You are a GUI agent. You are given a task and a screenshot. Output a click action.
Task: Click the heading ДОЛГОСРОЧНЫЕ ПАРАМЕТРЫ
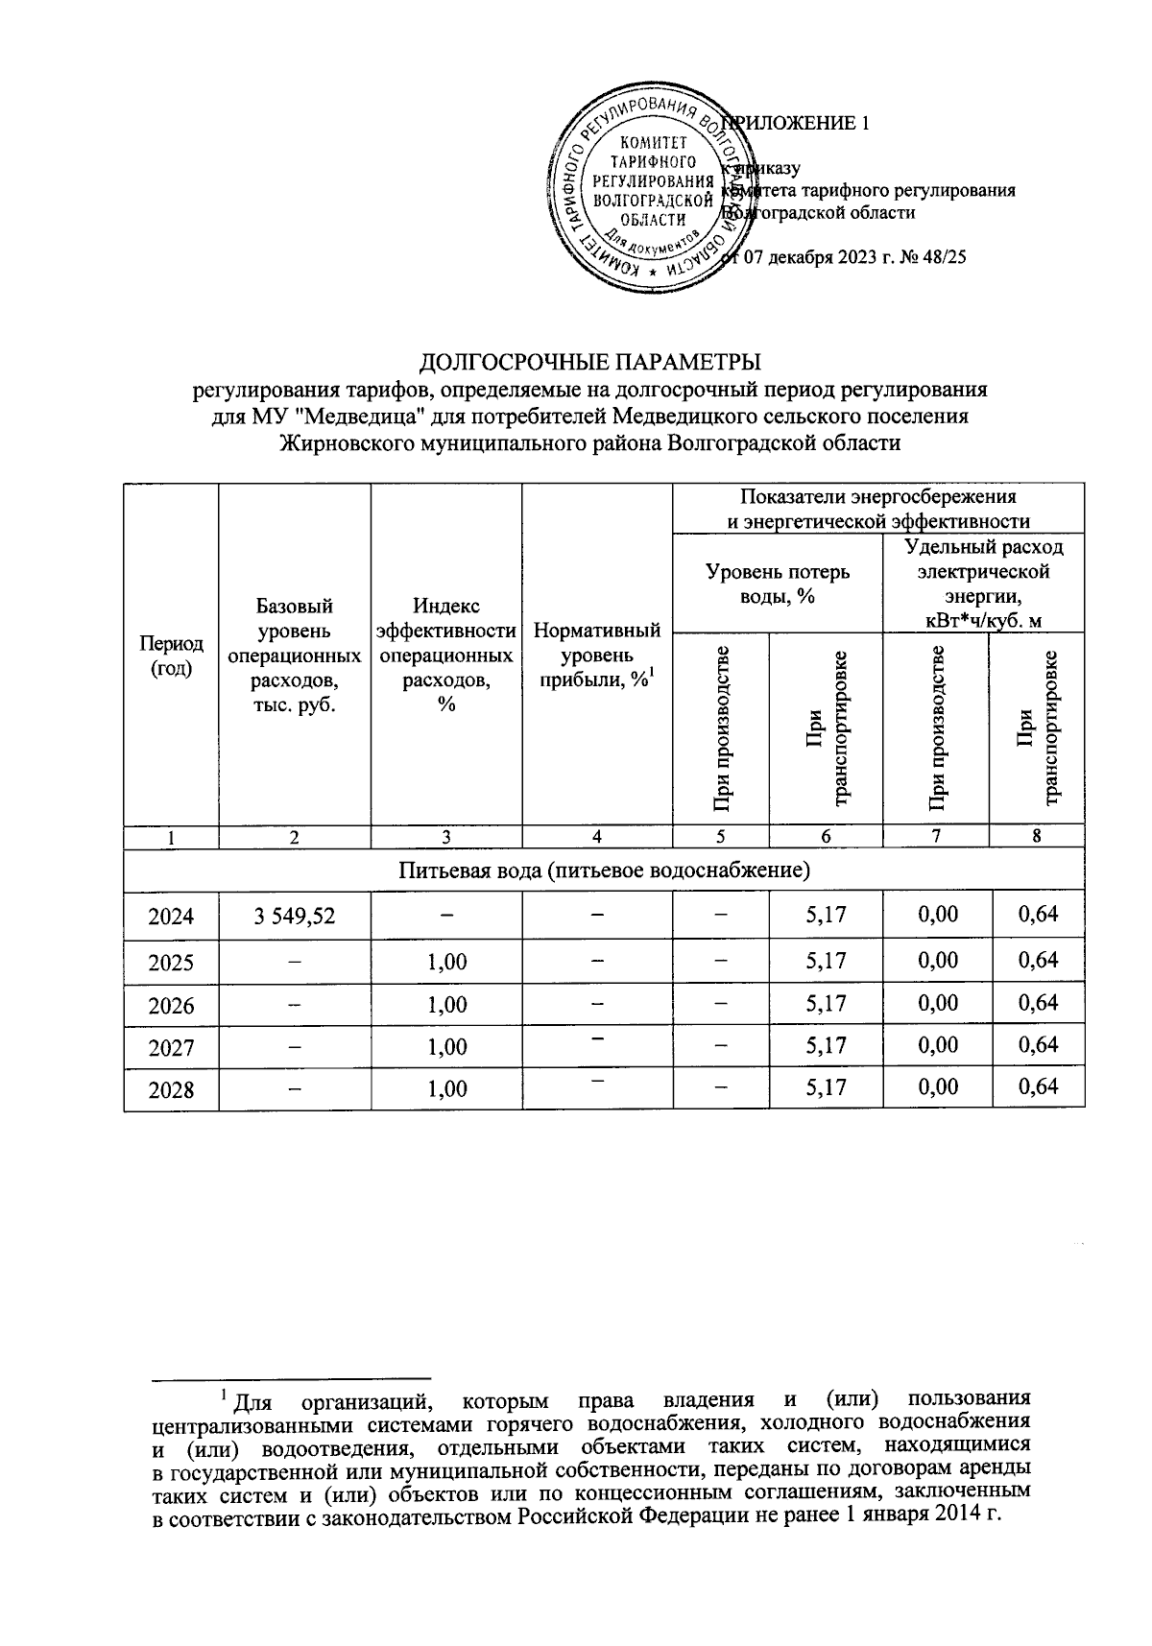(590, 362)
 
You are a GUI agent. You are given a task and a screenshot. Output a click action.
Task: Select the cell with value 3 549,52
(295, 916)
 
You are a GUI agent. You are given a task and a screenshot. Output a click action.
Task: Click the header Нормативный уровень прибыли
(596, 656)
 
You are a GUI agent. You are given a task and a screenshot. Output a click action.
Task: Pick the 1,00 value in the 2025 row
(446, 961)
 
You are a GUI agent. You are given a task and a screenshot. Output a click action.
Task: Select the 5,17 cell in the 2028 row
(826, 1088)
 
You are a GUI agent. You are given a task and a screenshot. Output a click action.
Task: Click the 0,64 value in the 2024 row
(1037, 914)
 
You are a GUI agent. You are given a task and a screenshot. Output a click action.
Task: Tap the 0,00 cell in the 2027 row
(936, 1045)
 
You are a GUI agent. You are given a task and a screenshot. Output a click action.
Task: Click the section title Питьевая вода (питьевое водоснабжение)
(603, 871)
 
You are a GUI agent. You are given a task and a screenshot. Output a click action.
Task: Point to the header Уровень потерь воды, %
(777, 584)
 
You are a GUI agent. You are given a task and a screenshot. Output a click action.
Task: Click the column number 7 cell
(936, 836)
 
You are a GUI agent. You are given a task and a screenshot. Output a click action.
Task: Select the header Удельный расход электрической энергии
(984, 584)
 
